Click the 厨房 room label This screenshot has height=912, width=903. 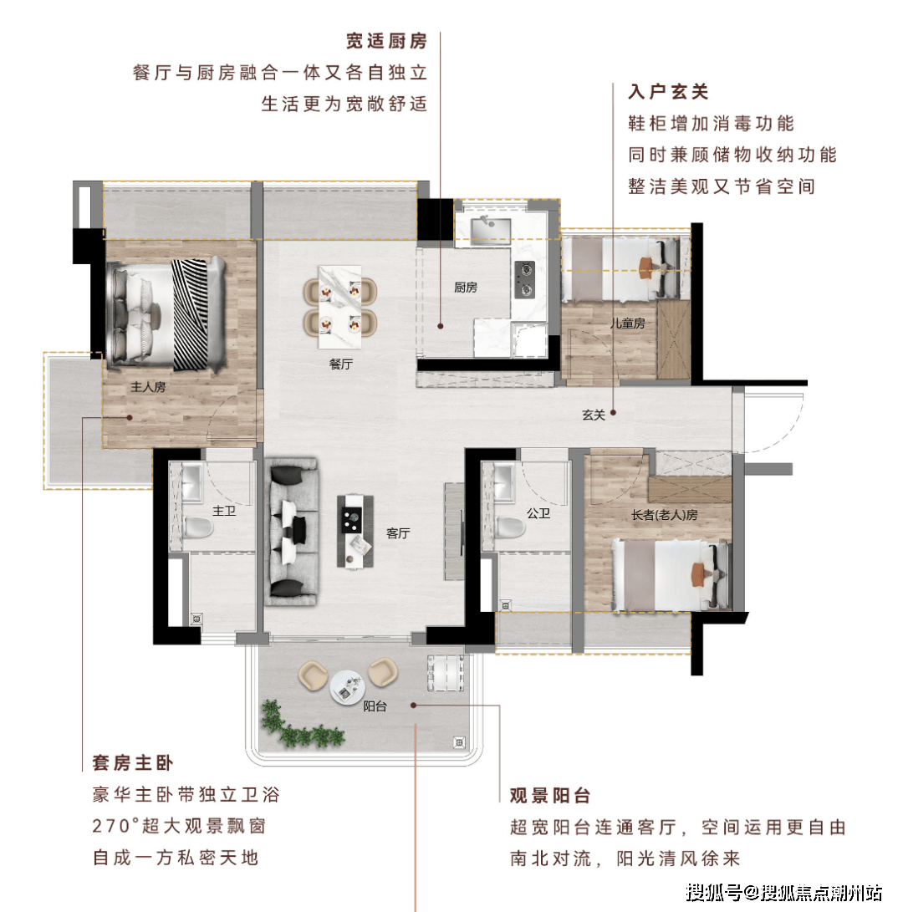466,288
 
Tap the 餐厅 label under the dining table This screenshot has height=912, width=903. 341,364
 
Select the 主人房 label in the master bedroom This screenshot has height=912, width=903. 148,387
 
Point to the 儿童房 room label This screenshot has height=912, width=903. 628,323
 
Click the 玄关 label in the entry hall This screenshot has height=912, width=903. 594,415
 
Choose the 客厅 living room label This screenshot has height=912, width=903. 399,532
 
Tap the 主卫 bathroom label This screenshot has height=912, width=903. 224,511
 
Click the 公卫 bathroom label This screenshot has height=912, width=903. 538,513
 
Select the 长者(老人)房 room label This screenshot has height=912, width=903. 665,515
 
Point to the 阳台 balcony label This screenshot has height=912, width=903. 375,706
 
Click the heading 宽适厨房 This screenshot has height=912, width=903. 387,41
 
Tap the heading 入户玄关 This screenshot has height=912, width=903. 669,92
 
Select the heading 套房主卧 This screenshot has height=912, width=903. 133,763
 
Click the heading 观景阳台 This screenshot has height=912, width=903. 550,796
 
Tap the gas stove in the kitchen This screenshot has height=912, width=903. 525,280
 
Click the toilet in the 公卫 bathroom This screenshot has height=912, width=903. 511,527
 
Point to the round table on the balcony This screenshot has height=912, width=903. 347,687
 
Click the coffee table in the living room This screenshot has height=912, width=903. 355,531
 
